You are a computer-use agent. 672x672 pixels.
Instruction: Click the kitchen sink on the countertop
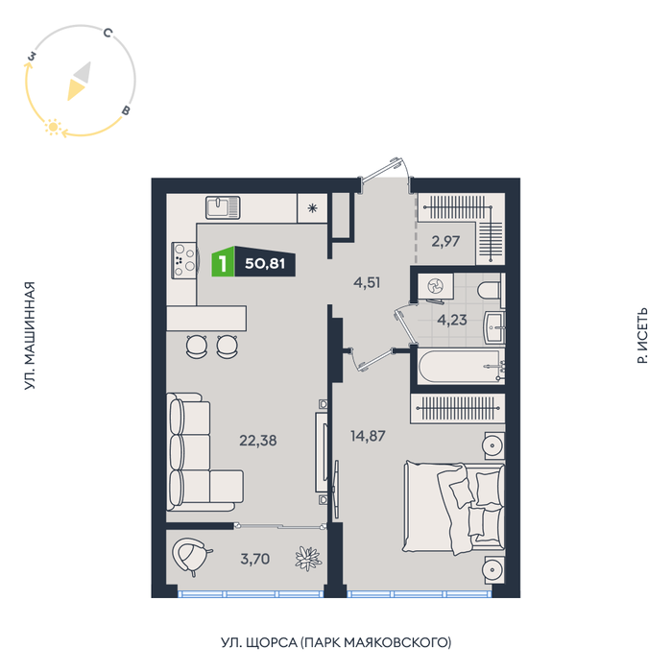coord(223,207)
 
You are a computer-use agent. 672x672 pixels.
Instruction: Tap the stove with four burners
coord(184,260)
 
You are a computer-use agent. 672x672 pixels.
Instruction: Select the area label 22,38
coord(258,440)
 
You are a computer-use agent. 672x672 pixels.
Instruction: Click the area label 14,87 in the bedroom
coord(368,436)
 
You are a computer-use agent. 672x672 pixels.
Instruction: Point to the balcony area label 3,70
coord(255,559)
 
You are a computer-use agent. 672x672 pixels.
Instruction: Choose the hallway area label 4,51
coord(367,282)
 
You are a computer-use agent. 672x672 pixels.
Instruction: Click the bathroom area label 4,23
coord(452,320)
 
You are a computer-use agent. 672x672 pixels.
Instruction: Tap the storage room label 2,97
coord(445,241)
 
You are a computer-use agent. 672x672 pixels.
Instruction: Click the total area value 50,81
coord(265,263)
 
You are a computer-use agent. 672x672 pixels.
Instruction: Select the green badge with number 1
coord(223,262)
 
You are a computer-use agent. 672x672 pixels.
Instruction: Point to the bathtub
coord(461,367)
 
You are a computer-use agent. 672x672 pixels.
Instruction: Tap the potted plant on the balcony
coord(308,559)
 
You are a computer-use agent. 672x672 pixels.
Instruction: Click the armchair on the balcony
coord(191,556)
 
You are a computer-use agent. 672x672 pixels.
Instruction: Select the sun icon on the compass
coord(53,127)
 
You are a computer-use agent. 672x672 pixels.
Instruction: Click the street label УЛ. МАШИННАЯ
coord(29,336)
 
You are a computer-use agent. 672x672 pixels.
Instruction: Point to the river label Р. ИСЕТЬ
coord(642,336)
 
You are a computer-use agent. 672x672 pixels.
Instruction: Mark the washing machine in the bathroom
coord(436,286)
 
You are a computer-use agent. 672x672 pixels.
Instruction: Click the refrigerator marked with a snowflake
coord(312,208)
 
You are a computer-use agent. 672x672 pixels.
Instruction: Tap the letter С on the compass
coord(108,33)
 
